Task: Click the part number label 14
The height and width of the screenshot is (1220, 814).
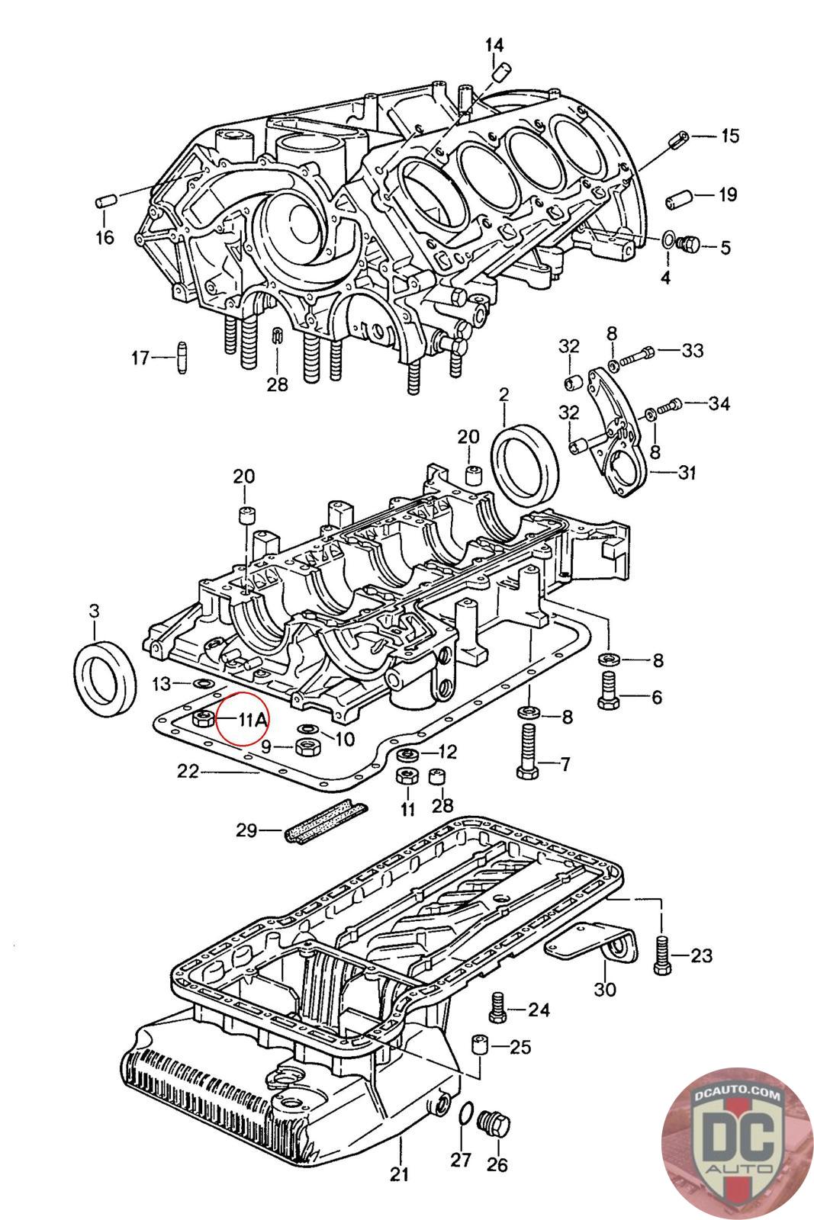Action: pos(494,45)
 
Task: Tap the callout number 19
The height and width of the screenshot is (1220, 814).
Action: pos(728,194)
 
